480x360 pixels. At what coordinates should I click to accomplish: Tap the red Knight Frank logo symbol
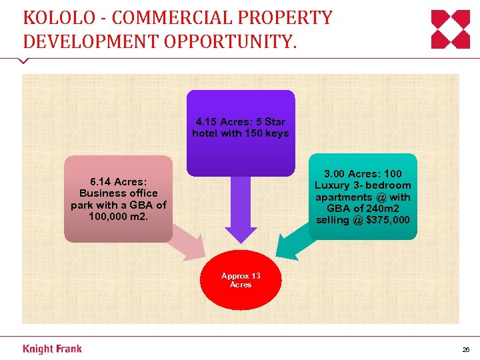click(450, 30)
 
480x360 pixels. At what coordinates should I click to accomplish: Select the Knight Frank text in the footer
click(52, 349)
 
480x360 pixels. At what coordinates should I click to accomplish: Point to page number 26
click(465, 349)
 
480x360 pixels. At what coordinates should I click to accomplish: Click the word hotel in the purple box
click(207, 133)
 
